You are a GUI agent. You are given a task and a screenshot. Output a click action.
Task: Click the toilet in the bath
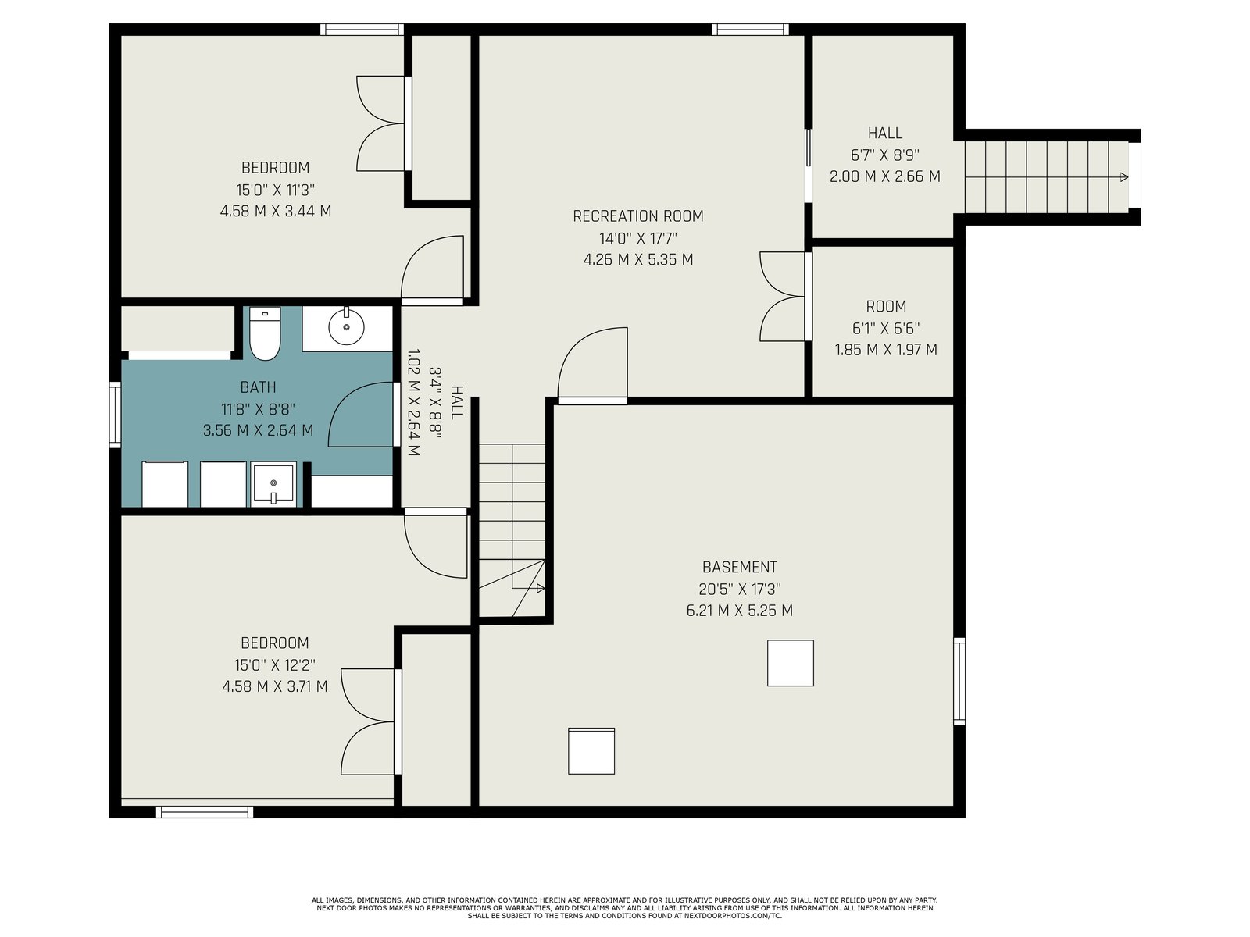pyautogui.click(x=265, y=333)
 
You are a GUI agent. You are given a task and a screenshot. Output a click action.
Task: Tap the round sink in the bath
pyautogui.click(x=346, y=327)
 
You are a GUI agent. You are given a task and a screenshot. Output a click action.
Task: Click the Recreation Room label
pyautogui.click(x=637, y=216)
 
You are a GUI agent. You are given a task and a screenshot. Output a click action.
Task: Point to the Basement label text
pyautogui.click(x=739, y=567)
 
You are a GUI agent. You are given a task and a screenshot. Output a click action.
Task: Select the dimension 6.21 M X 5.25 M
pyautogui.click(x=739, y=611)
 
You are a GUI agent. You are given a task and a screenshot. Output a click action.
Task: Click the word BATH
pyautogui.click(x=258, y=387)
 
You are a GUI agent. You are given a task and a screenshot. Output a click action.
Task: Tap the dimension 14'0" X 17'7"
pyautogui.click(x=637, y=238)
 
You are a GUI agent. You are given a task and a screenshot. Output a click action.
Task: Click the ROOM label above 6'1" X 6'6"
pyautogui.click(x=886, y=307)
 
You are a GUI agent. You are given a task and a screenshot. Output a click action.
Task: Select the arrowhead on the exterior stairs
pyautogui.click(x=1124, y=177)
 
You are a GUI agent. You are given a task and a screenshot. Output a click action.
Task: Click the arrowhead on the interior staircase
pyautogui.click(x=541, y=588)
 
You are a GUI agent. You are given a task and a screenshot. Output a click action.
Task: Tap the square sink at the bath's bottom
pyautogui.click(x=273, y=484)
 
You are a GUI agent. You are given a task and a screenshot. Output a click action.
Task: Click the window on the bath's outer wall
pyautogui.click(x=115, y=414)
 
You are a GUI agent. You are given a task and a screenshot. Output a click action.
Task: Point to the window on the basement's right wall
pyautogui.click(x=959, y=682)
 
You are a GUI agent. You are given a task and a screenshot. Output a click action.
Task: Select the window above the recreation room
pyautogui.click(x=750, y=30)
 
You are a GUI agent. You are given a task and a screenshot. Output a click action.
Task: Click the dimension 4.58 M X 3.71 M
pyautogui.click(x=275, y=686)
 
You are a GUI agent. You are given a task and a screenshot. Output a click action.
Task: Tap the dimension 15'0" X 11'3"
pyautogui.click(x=276, y=190)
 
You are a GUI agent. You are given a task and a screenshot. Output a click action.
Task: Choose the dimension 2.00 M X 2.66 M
pyautogui.click(x=885, y=176)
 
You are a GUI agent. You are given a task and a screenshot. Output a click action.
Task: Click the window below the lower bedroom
pyautogui.click(x=205, y=812)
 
